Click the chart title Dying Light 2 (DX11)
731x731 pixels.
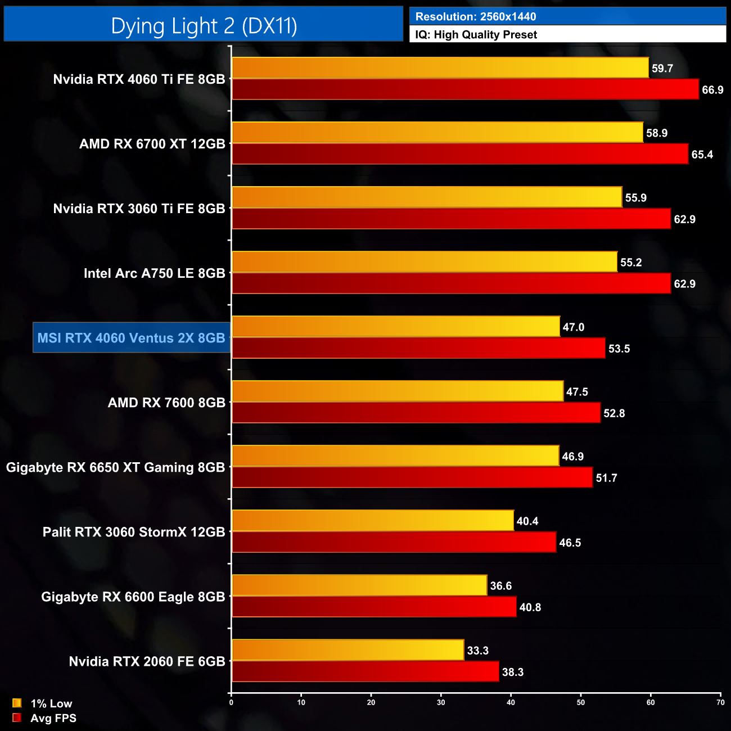pos(204,26)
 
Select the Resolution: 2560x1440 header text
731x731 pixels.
pos(476,17)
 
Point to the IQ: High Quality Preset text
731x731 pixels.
pos(476,35)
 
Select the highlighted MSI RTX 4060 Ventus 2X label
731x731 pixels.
pos(131,338)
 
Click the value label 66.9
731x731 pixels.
pos(712,90)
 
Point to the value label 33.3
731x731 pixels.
pos(477,651)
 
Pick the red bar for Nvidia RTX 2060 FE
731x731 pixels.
pos(365,672)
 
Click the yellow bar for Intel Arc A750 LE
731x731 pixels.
pos(425,262)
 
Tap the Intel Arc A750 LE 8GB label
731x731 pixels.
pos(154,273)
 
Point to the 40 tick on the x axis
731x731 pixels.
pos(511,702)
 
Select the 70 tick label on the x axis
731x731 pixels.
pos(720,702)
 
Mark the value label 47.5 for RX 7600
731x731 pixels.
pos(577,392)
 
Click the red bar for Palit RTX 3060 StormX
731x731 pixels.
pos(394,543)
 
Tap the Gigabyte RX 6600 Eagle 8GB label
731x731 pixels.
pos(133,597)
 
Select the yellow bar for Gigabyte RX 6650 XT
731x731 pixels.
pos(395,456)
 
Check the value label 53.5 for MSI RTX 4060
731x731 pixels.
pos(619,349)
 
